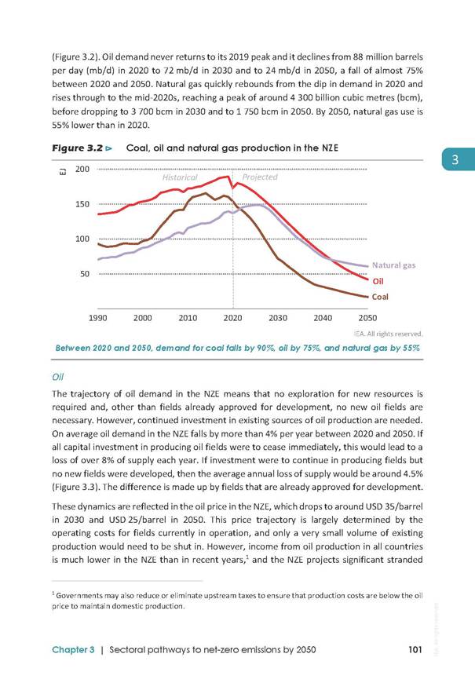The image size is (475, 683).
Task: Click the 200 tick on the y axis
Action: coord(82,169)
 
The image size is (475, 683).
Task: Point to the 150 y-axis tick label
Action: coord(82,204)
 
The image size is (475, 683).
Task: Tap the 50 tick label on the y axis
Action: coord(85,274)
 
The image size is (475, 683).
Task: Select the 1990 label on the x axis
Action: coord(97,318)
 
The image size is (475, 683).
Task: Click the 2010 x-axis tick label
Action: coord(188,318)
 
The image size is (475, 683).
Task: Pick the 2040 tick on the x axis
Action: coord(323,318)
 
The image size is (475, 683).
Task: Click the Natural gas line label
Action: coord(394,265)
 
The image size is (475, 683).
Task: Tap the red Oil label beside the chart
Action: coord(378,281)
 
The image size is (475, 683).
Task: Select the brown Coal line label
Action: coord(380,297)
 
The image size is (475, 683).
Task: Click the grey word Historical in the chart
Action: coord(180,177)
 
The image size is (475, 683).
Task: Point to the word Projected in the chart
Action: coord(260,177)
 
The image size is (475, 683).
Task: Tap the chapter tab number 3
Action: coord(455,159)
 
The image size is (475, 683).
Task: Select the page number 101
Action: coord(415,650)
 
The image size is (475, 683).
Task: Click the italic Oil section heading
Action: coord(58,377)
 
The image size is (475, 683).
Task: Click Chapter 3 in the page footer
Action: coord(73,650)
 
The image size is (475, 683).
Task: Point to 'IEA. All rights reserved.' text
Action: coord(389,334)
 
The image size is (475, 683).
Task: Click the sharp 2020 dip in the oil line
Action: coord(233,188)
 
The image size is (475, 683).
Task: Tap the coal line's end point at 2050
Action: coord(367,297)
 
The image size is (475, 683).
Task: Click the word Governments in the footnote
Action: coord(77,595)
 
